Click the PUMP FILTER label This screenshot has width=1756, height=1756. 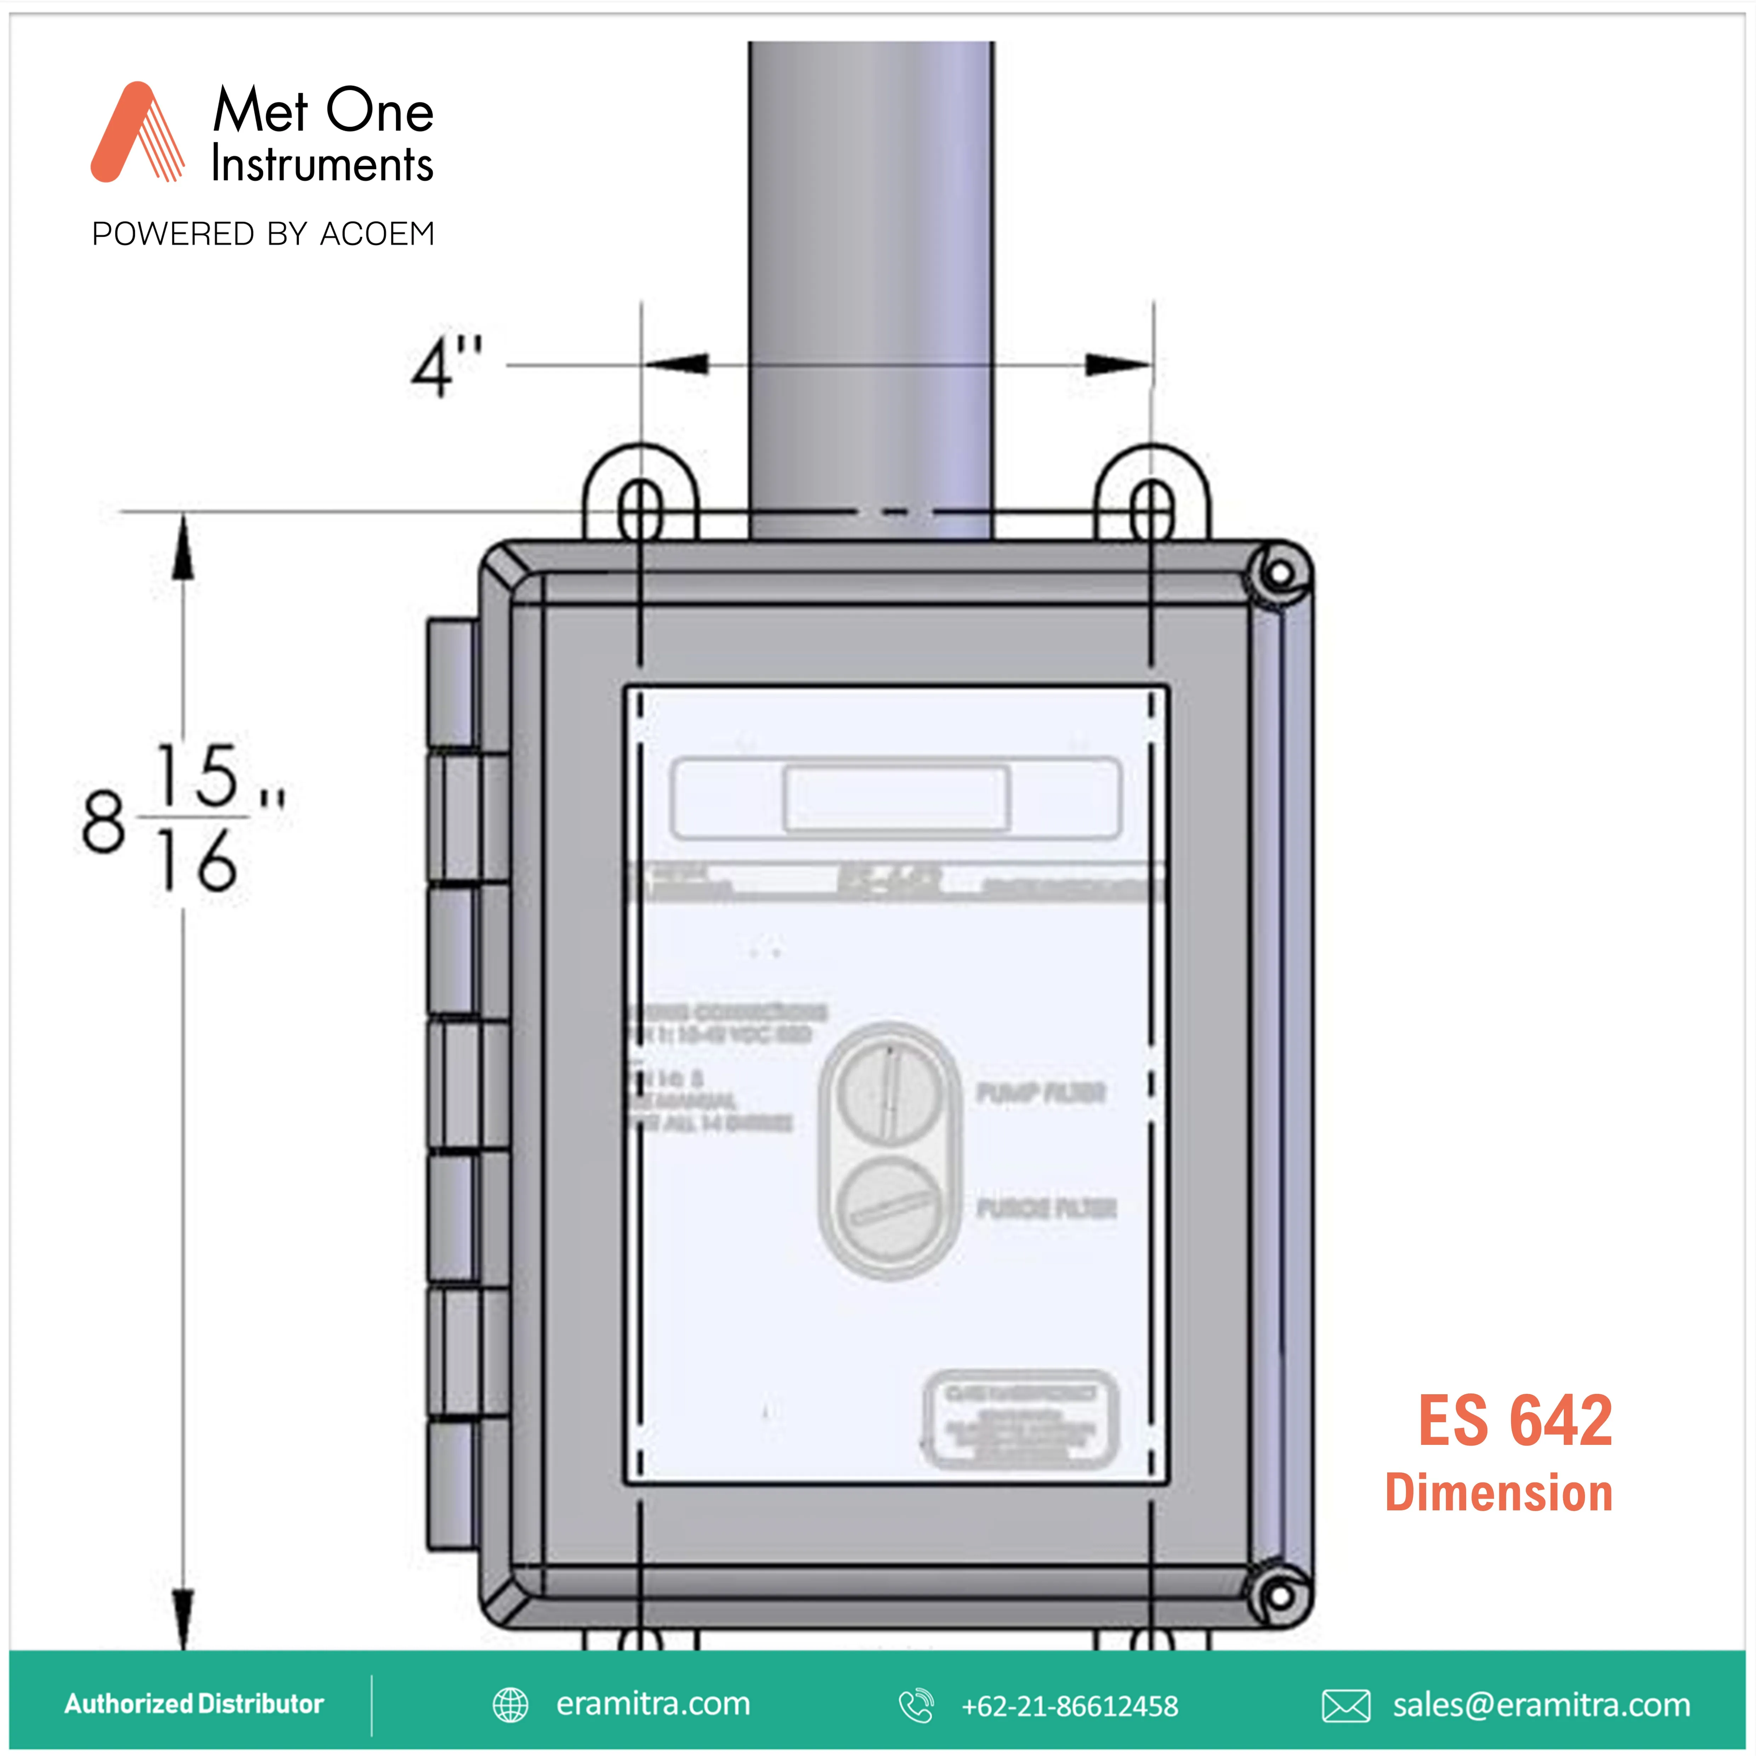1041,1093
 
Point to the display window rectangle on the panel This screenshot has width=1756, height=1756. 896,798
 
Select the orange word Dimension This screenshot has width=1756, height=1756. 1499,1493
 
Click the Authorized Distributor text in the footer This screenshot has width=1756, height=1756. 194,1703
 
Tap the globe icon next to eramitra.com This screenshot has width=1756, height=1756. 510,1705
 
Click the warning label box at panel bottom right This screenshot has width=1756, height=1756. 1020,1420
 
